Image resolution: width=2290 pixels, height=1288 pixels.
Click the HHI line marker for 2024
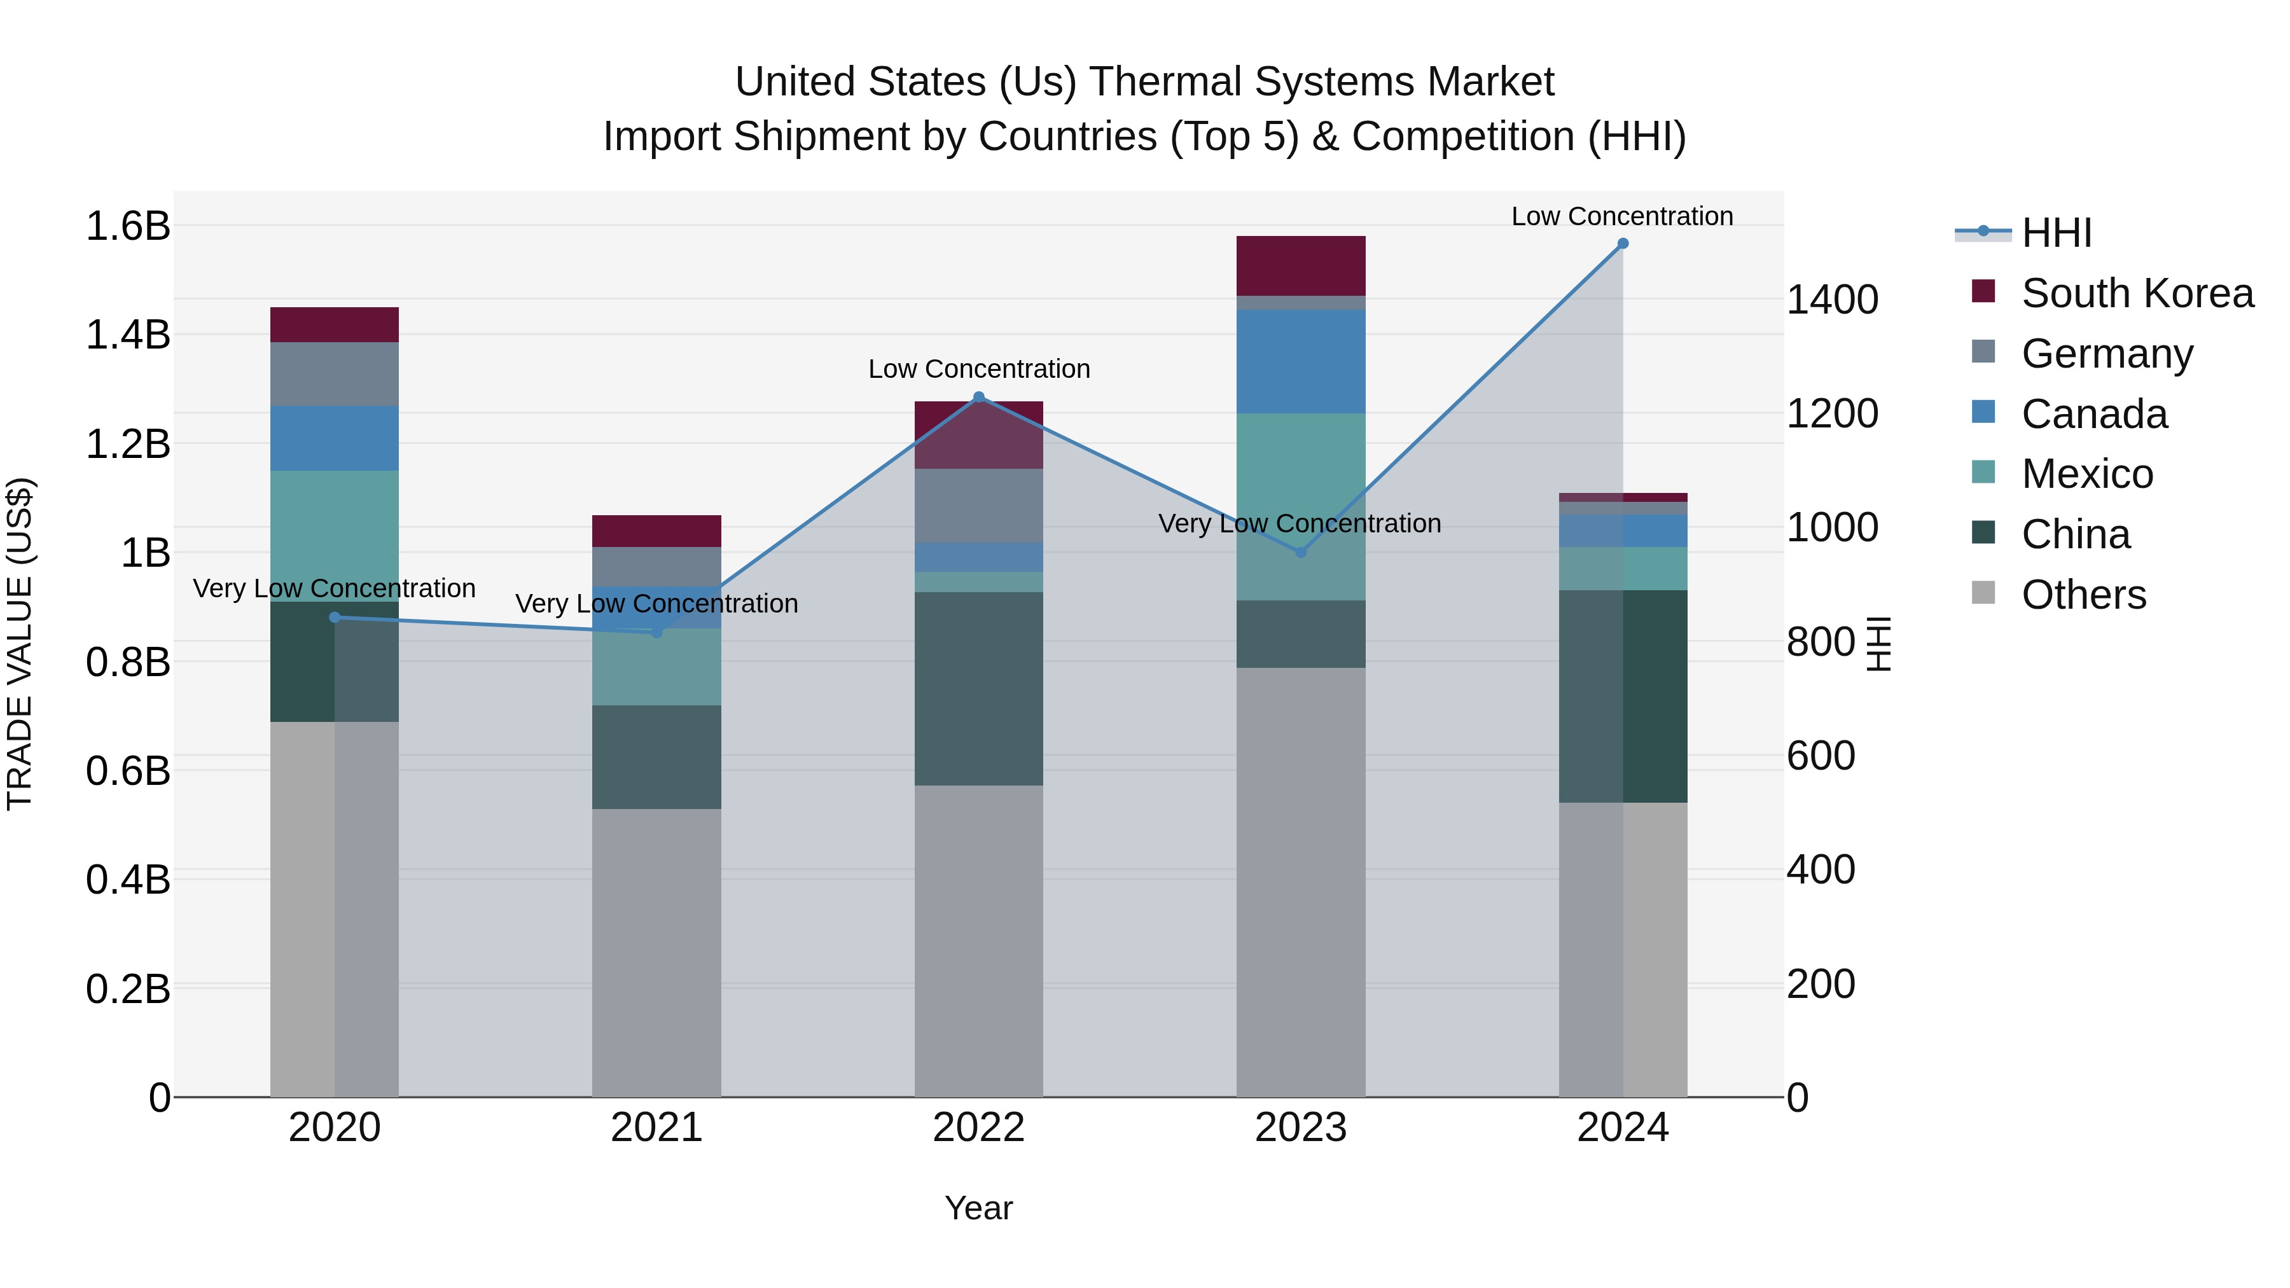point(1622,244)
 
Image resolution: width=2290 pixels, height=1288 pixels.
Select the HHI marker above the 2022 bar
point(979,398)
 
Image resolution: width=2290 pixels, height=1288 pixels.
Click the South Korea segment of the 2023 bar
point(1301,266)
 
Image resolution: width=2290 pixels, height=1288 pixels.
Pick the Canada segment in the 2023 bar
point(1301,361)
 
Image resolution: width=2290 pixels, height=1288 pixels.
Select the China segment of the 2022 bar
point(979,689)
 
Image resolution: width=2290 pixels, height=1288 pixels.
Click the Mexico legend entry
point(2086,474)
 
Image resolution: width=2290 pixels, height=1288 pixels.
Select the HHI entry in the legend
point(2055,233)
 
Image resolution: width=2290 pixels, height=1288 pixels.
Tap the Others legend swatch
point(1983,593)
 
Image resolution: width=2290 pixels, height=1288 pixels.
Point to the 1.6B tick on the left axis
point(128,226)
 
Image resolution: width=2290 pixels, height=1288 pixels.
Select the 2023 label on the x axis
point(1301,1128)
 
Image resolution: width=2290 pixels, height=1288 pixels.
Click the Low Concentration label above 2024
point(1621,216)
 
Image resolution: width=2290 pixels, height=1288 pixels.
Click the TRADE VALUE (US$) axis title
point(20,644)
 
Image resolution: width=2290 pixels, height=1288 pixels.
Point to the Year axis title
point(979,1208)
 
